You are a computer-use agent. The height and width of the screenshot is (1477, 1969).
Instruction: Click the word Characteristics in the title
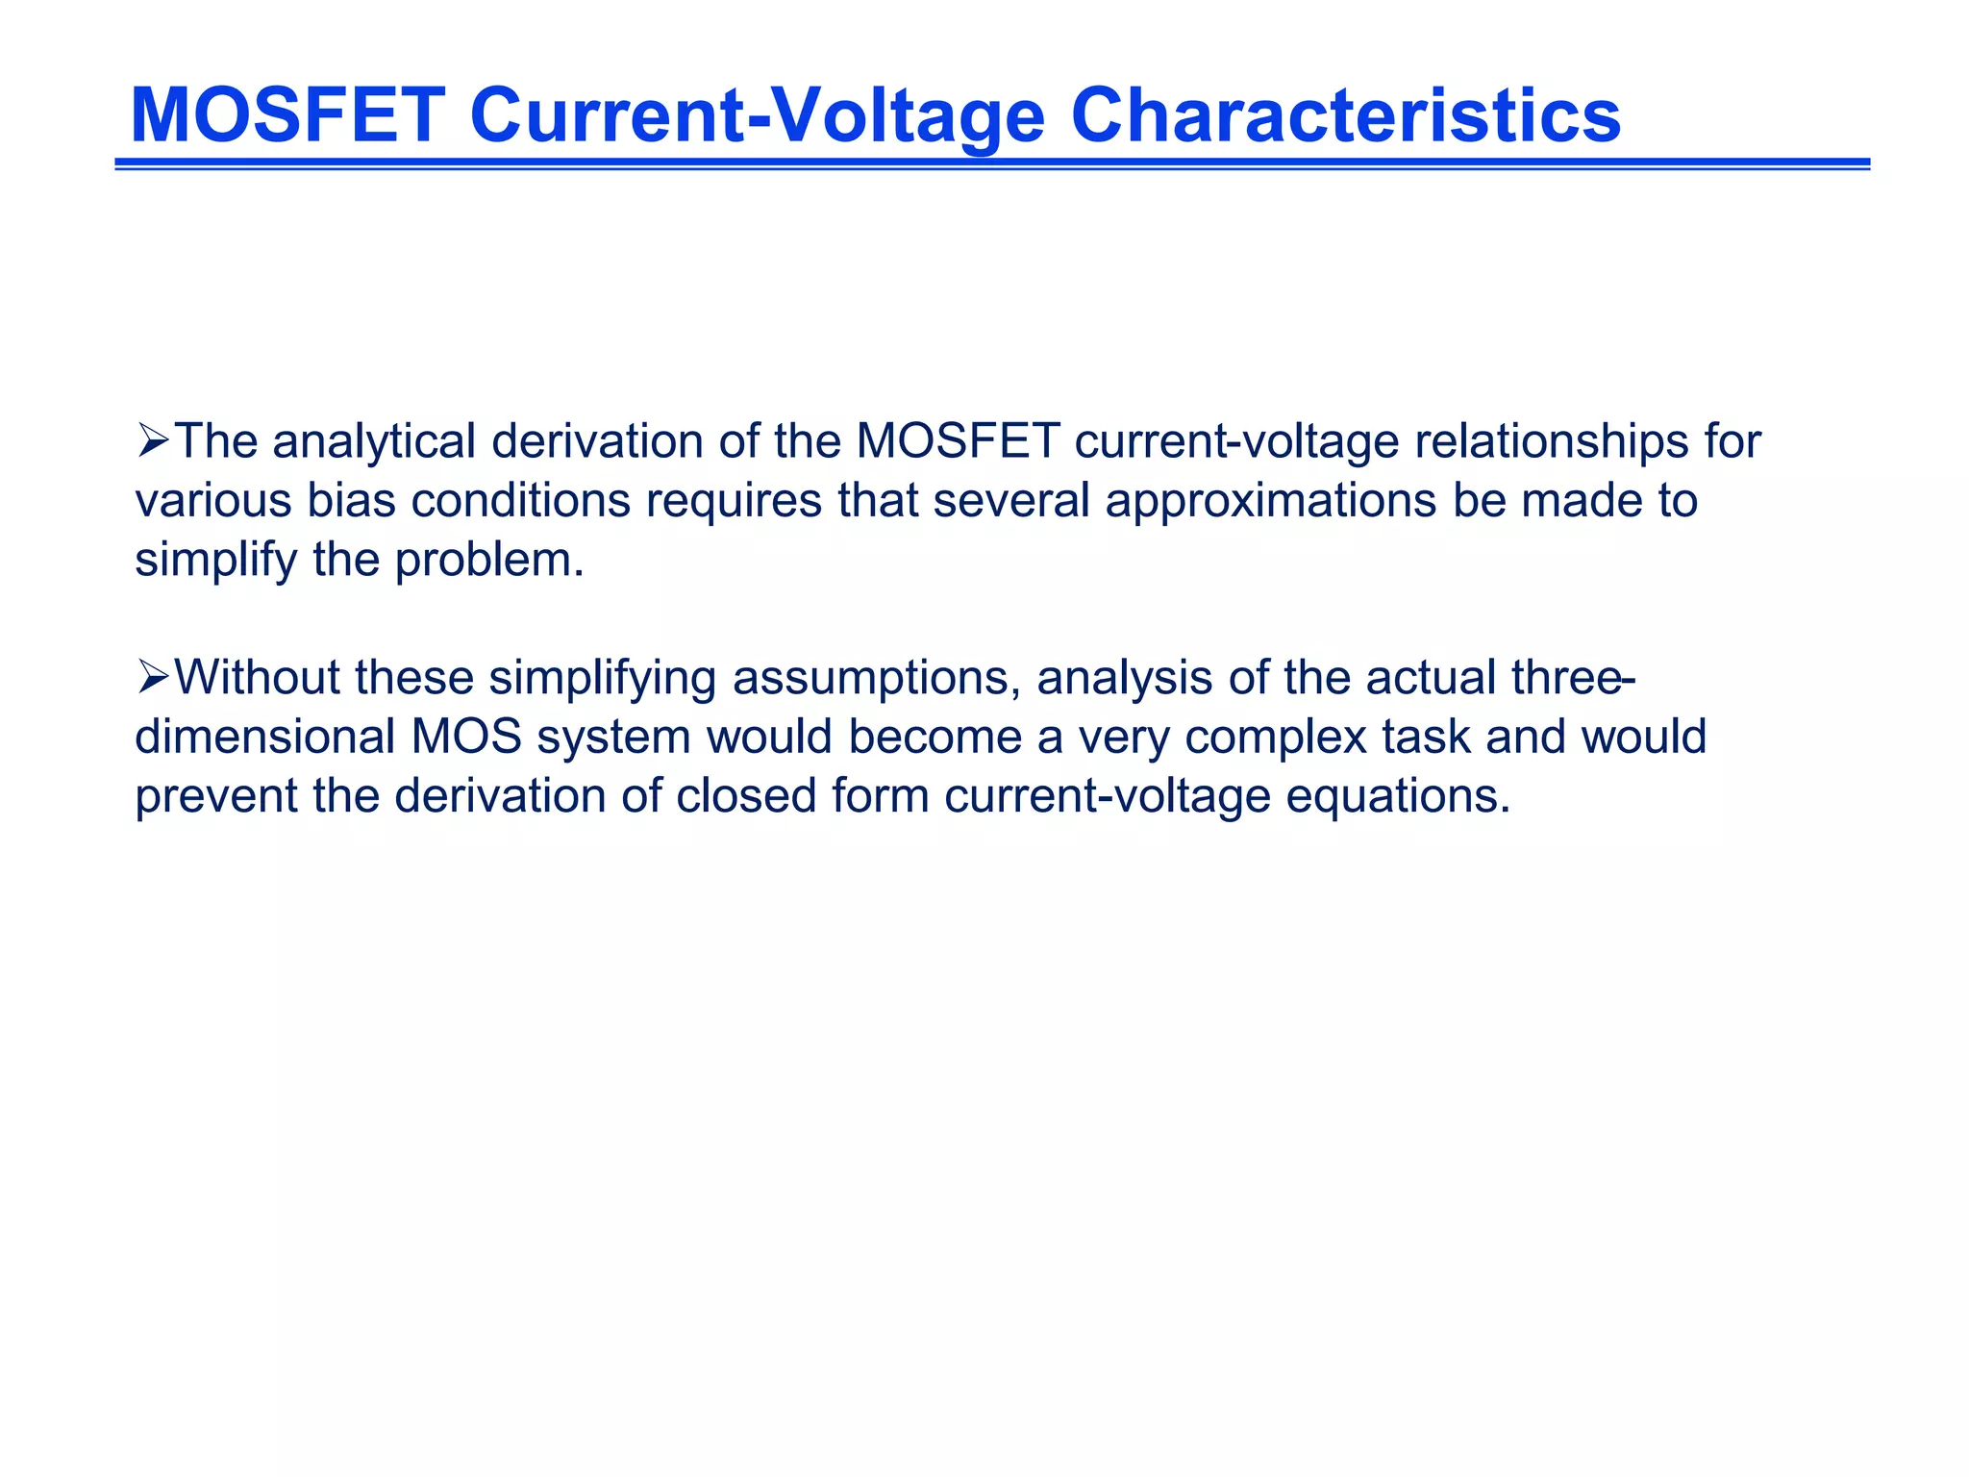pos(1345,115)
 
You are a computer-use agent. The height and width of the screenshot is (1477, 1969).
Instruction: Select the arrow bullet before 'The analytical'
pos(153,441)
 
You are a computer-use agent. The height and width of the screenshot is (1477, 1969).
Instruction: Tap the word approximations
pos(1271,501)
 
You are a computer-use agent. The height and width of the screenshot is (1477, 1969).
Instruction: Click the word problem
pos(489,561)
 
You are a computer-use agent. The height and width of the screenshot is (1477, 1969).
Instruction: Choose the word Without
pos(257,677)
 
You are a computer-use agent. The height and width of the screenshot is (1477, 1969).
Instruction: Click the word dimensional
pos(265,737)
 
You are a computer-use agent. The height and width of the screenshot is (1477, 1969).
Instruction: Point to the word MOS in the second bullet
pos(466,737)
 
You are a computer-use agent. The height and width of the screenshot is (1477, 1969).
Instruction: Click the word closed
pos(746,796)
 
